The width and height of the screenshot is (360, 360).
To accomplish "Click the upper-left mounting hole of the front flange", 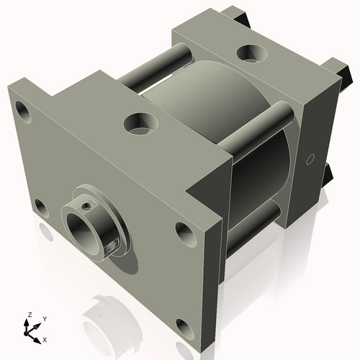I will (x=23, y=112).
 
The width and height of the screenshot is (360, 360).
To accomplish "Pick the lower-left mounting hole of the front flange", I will (x=42, y=209).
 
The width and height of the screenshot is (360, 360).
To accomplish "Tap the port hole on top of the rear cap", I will (x=253, y=53).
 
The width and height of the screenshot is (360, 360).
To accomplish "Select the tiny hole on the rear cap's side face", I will (x=310, y=158).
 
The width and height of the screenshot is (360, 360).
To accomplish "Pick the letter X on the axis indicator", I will (x=45, y=338).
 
